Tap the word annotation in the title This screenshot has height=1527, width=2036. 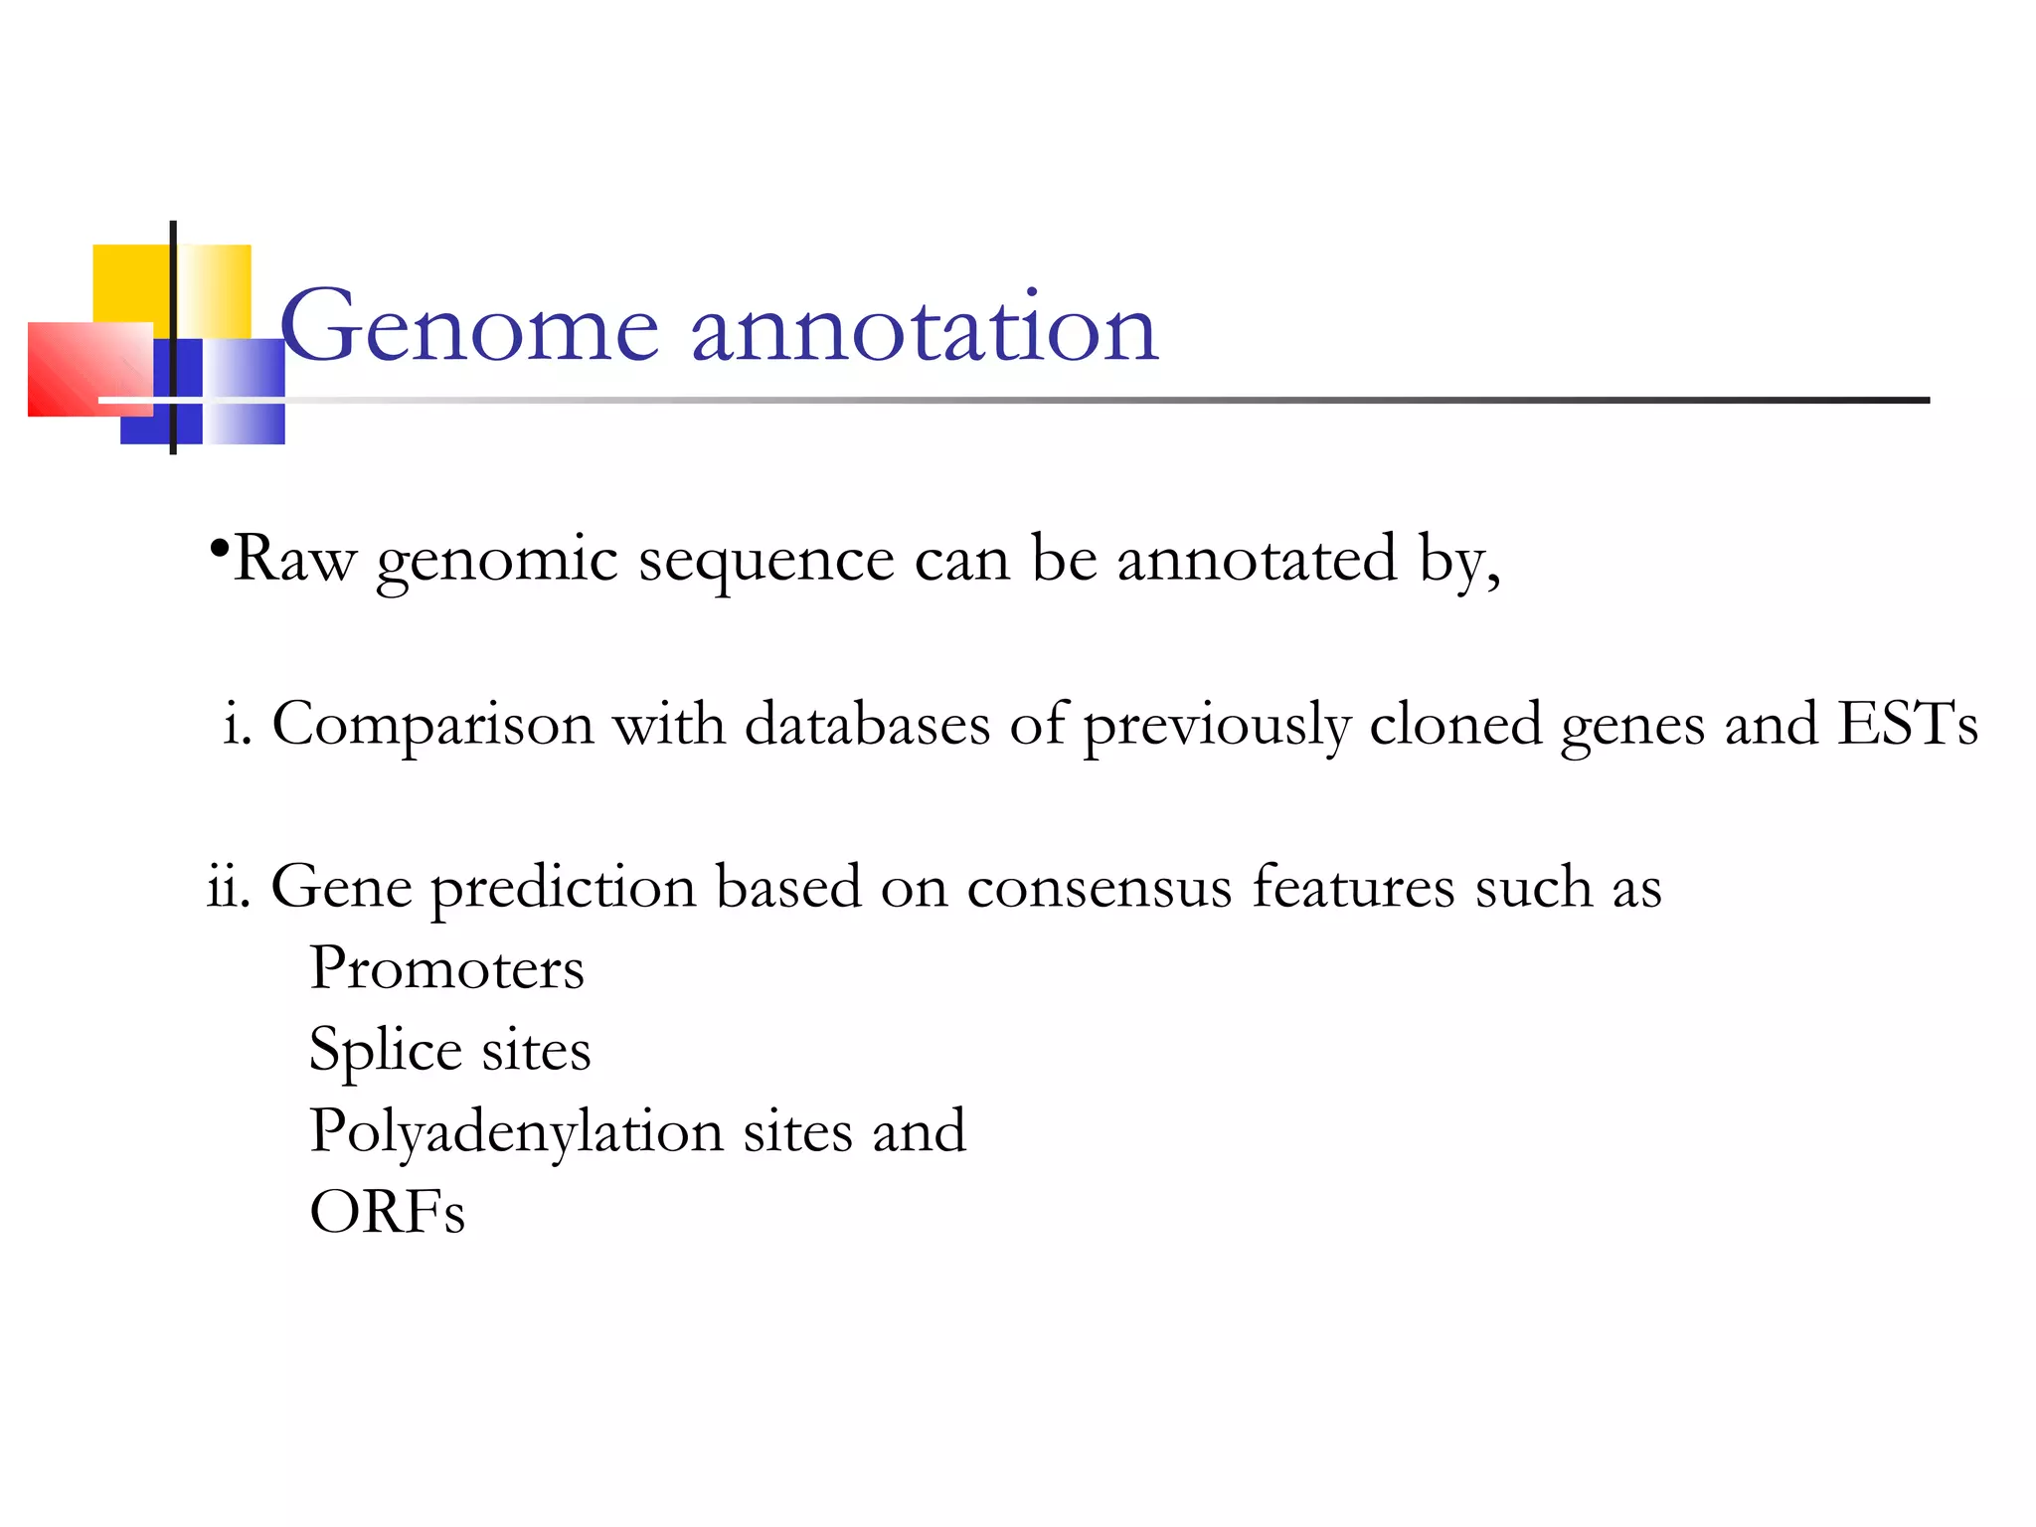[x=925, y=328]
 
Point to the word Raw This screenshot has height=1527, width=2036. [x=294, y=559]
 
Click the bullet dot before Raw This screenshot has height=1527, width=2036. [x=220, y=548]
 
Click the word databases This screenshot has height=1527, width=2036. [x=867, y=723]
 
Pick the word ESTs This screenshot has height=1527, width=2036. [x=1908, y=723]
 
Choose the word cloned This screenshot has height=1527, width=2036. [x=1455, y=723]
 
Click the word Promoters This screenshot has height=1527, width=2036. [x=446, y=968]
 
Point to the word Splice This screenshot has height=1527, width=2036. [x=386, y=1052]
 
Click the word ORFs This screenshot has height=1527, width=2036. [x=387, y=1213]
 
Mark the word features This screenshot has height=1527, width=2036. [x=1354, y=886]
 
